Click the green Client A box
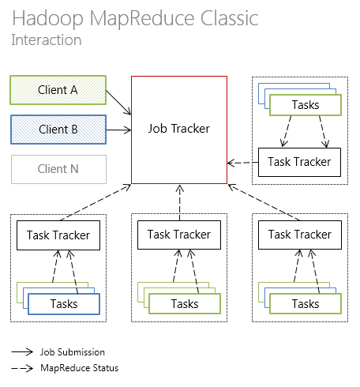[58, 90]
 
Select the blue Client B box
[58, 129]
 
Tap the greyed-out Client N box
[58, 169]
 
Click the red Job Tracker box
[179, 130]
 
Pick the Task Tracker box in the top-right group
[300, 162]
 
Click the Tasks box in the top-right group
[306, 105]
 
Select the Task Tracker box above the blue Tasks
[58, 235]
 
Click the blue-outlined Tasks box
[64, 304]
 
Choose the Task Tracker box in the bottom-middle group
[179, 235]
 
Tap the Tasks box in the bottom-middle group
[185, 304]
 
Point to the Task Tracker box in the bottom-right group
[300, 235]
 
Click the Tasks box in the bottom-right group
[306, 304]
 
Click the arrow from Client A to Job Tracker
[118, 101]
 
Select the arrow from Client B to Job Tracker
[118, 129]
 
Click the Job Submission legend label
[72, 352]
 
